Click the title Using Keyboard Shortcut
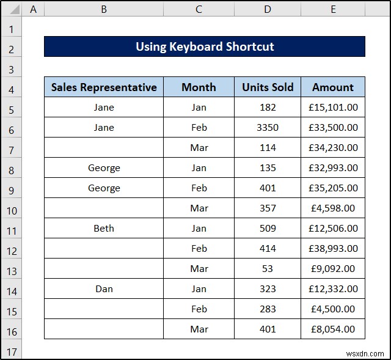point(205,47)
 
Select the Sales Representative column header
point(104,87)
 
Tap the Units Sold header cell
point(268,87)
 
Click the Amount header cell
point(333,87)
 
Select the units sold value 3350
point(268,128)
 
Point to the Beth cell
point(104,229)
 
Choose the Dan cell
point(104,289)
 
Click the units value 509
point(268,229)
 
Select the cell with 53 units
point(268,269)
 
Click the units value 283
point(268,309)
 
